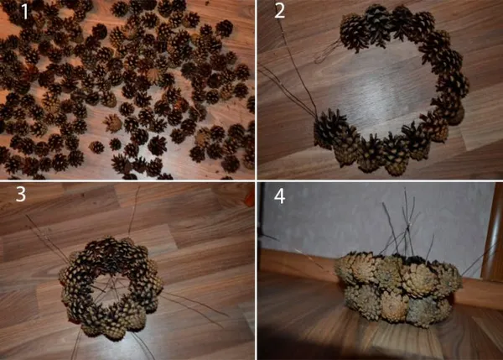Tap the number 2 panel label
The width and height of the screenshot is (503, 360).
point(279,12)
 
